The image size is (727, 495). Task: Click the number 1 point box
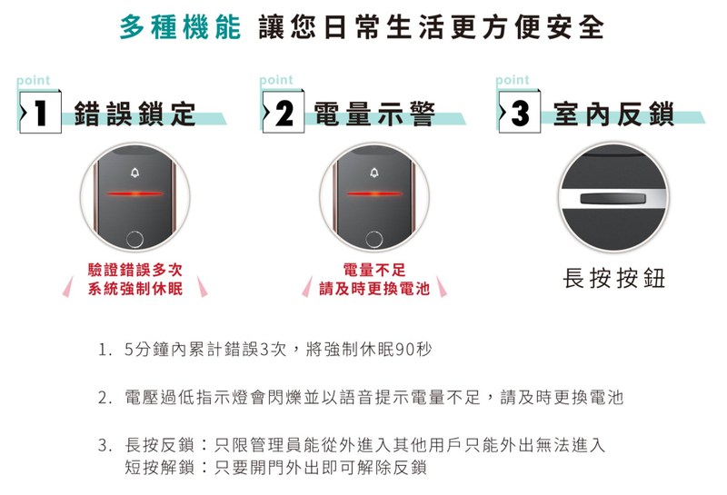[x=40, y=112]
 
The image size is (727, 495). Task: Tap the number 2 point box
[x=284, y=112]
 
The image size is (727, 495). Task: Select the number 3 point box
[x=519, y=112]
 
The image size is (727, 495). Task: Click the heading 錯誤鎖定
[x=134, y=114]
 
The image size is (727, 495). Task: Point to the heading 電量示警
[x=374, y=114]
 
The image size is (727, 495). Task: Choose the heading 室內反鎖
[x=614, y=114]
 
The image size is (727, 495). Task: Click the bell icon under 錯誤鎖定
[x=134, y=173]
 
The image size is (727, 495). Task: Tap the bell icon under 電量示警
[x=374, y=173]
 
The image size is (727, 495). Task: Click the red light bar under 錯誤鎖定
[x=134, y=193]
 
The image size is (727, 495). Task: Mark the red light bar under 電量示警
[x=374, y=193]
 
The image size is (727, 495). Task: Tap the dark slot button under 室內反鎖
[x=612, y=199]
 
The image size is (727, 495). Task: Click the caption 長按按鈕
[x=614, y=278]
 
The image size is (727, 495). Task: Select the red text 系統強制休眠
[x=134, y=289]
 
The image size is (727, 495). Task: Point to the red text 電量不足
[x=374, y=269]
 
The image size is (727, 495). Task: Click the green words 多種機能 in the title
[x=180, y=27]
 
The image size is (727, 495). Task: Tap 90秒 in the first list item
[x=413, y=349]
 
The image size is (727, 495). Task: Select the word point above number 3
[x=513, y=81]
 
